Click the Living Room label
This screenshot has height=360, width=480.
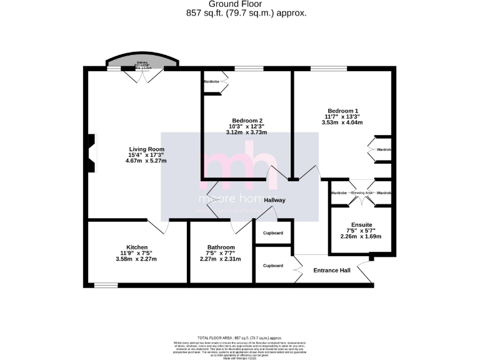click(146, 149)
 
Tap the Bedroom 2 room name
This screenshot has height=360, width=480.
click(247, 121)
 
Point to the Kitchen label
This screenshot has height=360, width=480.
click(137, 247)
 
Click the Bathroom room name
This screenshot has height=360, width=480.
click(221, 247)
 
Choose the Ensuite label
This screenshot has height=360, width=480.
click(361, 224)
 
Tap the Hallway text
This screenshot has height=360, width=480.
click(274, 200)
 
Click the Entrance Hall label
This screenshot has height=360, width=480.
click(331, 270)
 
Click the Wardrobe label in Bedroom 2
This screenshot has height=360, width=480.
click(211, 82)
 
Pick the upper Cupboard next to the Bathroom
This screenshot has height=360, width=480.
click(273, 233)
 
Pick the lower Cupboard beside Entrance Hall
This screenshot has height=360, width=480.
click(273, 265)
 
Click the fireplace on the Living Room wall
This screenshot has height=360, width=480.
click(92, 153)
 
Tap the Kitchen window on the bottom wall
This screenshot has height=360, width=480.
click(106, 286)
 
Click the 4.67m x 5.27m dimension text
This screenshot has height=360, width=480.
click(146, 161)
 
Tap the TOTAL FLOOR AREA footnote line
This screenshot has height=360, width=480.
click(240, 337)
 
